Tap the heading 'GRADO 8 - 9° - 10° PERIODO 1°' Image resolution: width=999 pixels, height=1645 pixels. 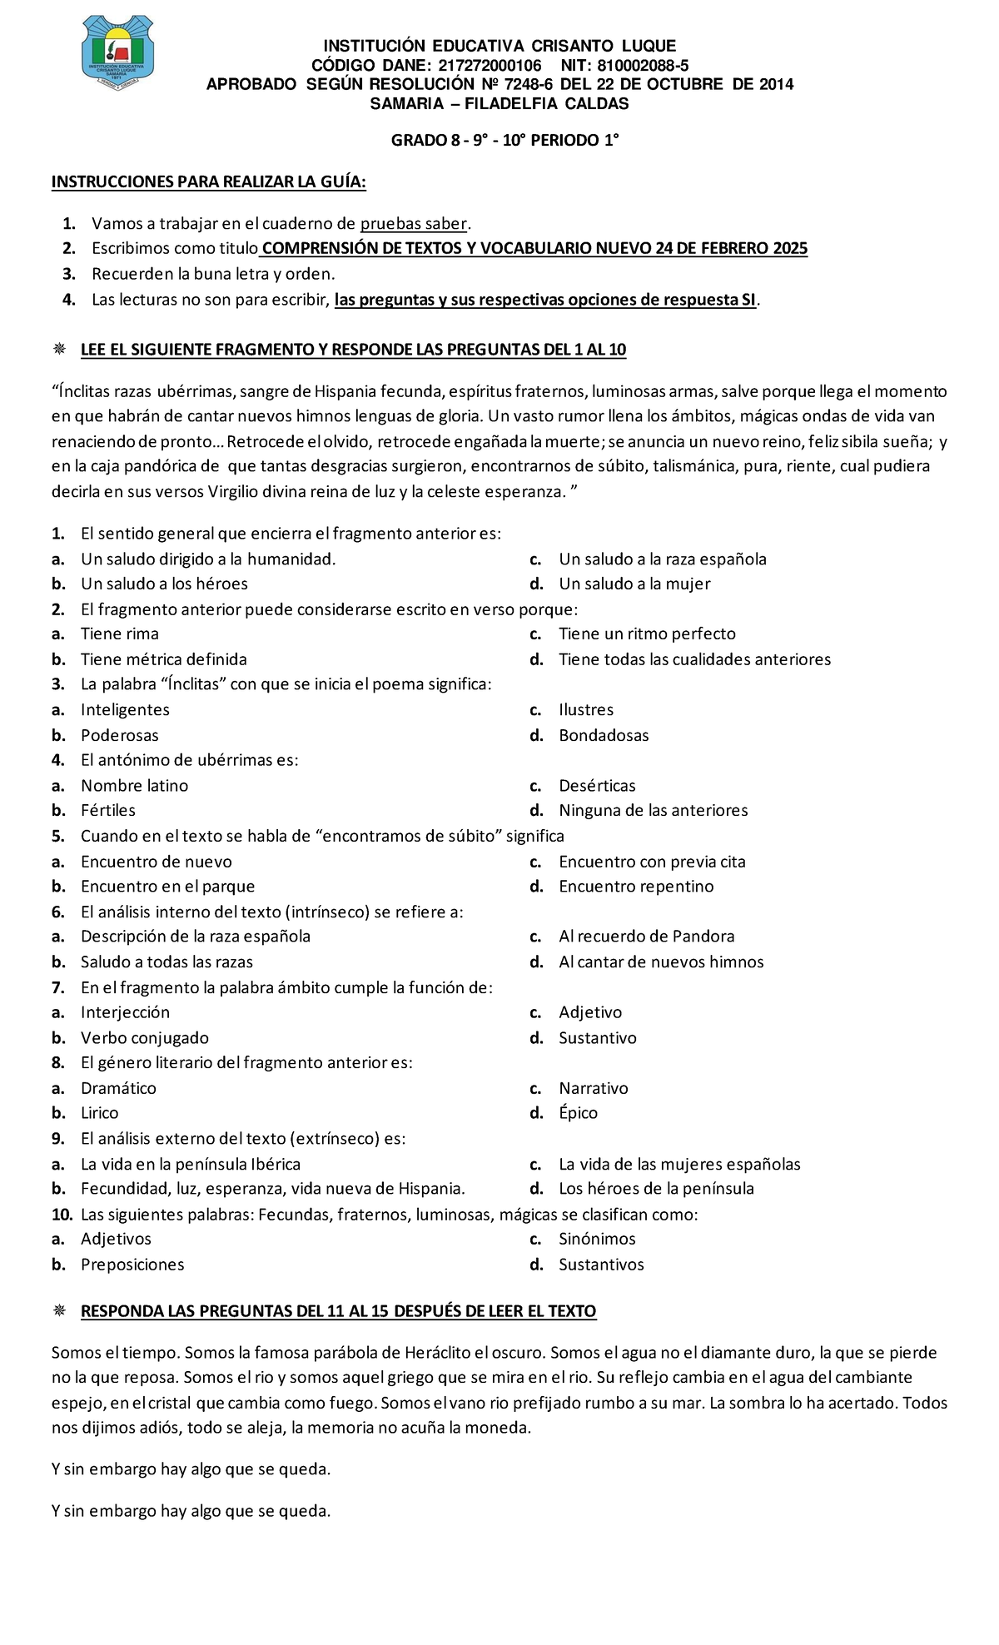[505, 140]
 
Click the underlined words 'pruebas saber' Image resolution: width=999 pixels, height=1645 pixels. [414, 223]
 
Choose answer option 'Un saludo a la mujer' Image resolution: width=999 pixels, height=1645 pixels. [634, 584]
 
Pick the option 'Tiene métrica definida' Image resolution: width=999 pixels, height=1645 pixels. [163, 659]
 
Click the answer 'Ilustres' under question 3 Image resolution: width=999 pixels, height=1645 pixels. [586, 709]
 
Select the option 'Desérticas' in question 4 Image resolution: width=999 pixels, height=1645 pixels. [597, 785]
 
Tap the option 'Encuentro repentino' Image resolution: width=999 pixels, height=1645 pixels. [636, 886]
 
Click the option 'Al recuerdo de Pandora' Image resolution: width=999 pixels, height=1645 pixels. [646, 936]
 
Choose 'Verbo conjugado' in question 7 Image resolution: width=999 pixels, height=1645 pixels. [144, 1037]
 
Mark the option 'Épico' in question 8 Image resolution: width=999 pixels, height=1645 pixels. [578, 1113]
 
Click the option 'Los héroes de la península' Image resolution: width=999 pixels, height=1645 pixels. [656, 1188]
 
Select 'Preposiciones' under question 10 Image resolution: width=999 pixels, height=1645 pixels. [132, 1264]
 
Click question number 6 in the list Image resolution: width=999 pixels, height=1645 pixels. [57, 912]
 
